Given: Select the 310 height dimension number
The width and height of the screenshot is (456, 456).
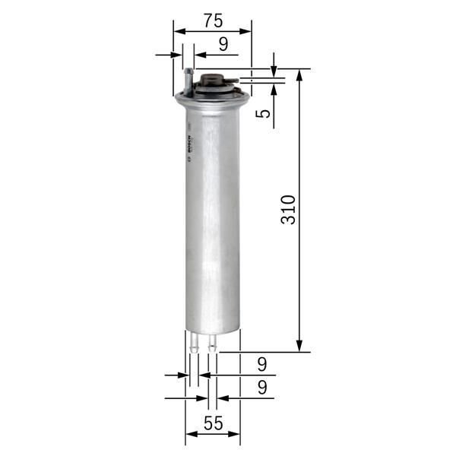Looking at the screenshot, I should [288, 209].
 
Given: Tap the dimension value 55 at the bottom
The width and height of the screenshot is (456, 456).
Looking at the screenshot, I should [214, 424].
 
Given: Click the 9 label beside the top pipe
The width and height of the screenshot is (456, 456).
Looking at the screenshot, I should [223, 44].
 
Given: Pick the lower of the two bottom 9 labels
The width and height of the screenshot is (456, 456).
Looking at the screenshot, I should [262, 388].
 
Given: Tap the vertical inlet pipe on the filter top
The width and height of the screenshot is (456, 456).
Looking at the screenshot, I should [188, 80].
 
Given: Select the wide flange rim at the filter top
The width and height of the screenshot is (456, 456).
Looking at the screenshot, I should [212, 97].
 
